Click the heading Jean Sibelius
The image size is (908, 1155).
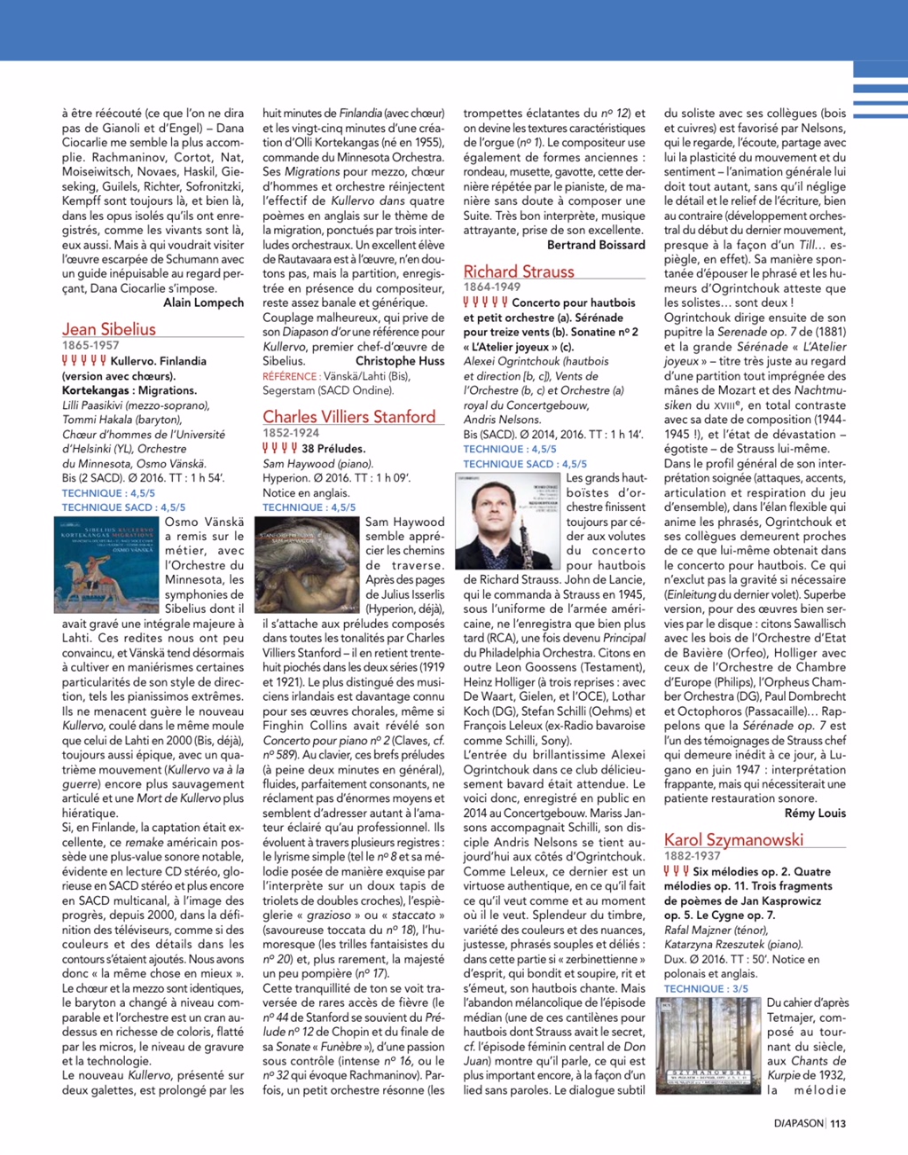click(x=108, y=329)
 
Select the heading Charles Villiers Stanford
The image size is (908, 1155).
click(x=348, y=417)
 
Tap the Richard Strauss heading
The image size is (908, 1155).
click(x=519, y=272)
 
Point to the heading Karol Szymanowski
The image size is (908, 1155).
click(x=733, y=839)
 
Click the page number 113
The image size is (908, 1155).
click(x=838, y=1123)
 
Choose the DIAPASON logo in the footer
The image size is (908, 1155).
click(x=798, y=1123)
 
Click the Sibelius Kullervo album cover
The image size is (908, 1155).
click(x=107, y=564)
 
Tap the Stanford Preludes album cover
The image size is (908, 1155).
click(x=308, y=564)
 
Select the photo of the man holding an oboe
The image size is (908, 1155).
click(x=508, y=521)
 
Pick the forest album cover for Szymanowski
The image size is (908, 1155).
click(x=708, y=1046)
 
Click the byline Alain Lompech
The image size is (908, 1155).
click(x=203, y=302)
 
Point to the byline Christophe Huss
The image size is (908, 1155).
click(x=400, y=361)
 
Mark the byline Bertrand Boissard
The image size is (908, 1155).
click(x=596, y=245)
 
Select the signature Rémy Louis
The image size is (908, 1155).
click(x=815, y=813)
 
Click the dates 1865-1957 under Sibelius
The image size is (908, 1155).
click(x=90, y=345)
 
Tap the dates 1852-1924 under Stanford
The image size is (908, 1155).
click(x=291, y=433)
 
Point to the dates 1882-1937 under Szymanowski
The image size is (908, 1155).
click(x=693, y=856)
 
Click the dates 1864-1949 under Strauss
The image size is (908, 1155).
click(x=492, y=287)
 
